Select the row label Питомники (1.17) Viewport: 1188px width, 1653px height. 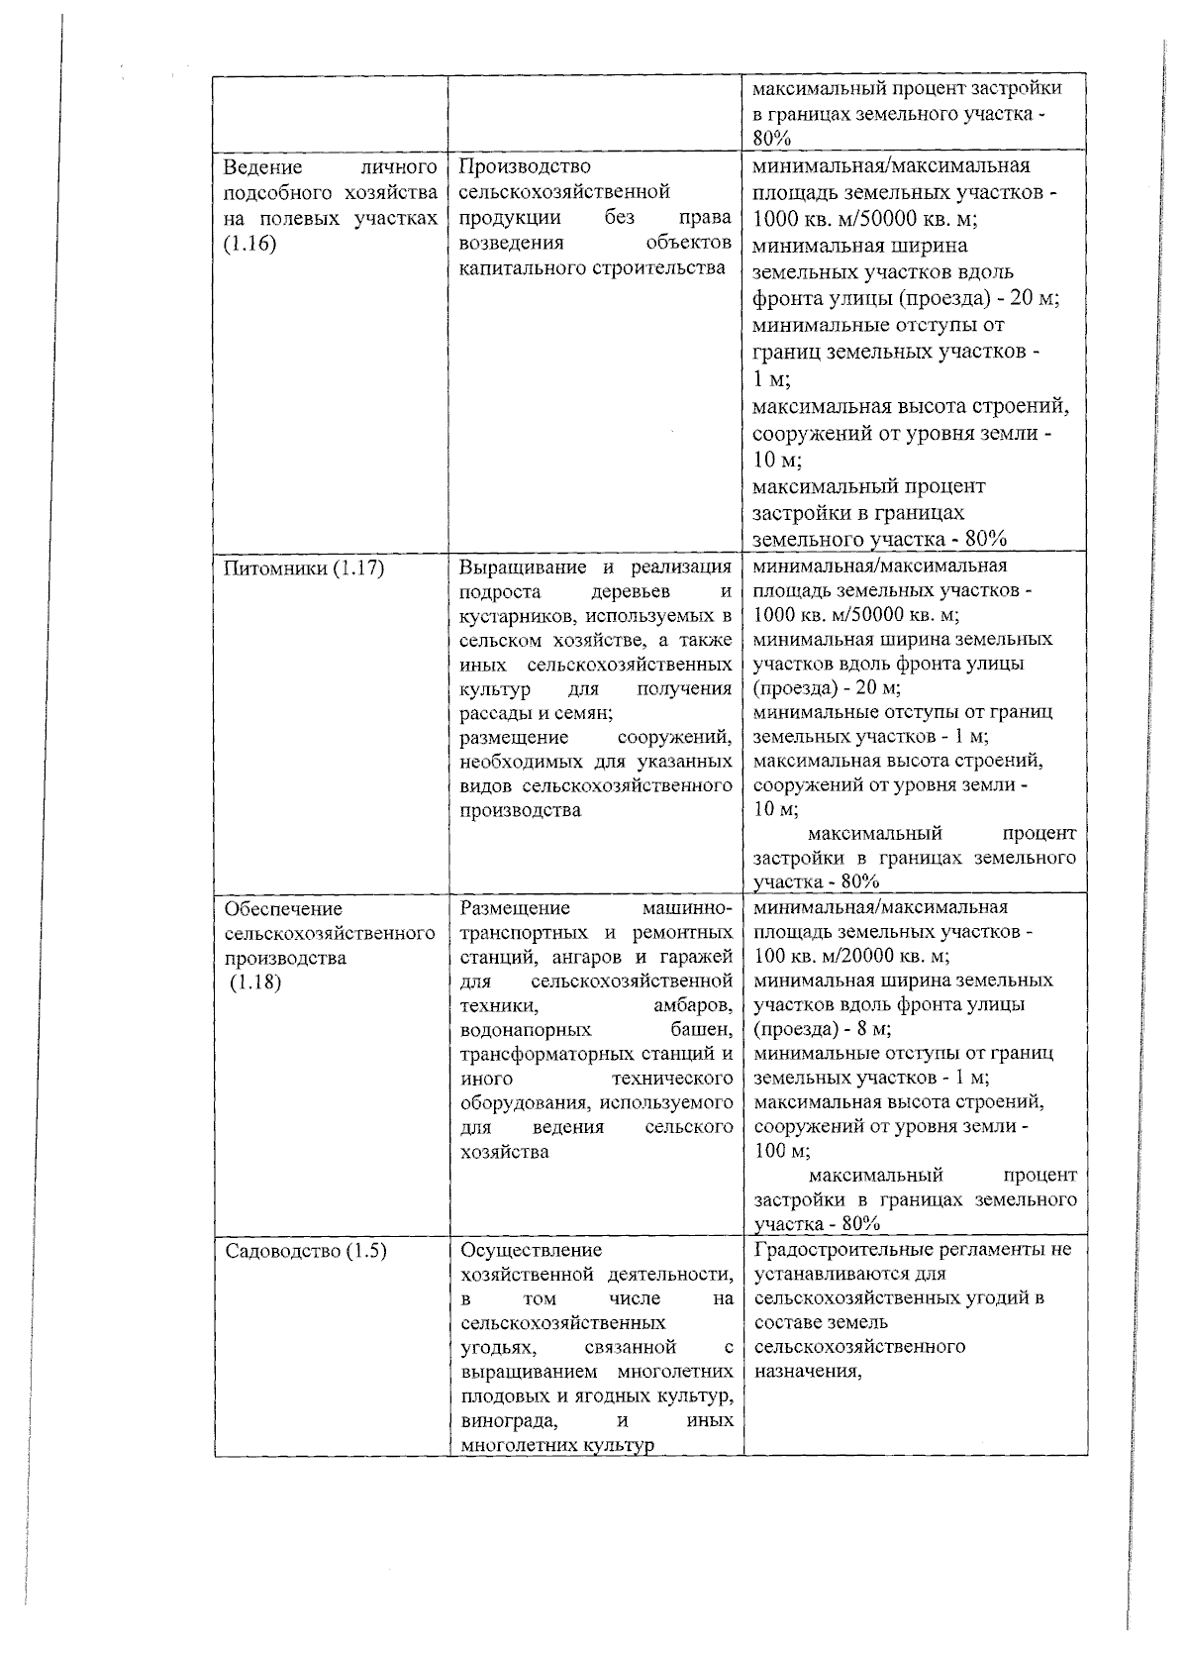pyautogui.click(x=304, y=568)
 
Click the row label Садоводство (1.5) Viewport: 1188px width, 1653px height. pyautogui.click(x=305, y=1250)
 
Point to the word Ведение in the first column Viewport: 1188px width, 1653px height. pyautogui.click(x=256, y=165)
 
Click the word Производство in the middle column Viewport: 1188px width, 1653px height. pyautogui.click(x=525, y=165)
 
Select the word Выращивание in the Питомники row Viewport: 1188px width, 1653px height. pyautogui.click(x=525, y=567)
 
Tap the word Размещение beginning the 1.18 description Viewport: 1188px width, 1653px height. pyautogui.click(x=515, y=908)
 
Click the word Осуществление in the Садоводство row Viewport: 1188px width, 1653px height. pyautogui.click(x=531, y=1250)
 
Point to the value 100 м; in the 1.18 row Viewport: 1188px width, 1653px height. pyautogui.click(x=781, y=1151)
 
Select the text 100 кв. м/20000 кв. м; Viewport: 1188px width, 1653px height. pyautogui.click(x=851, y=957)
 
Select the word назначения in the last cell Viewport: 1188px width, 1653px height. pyautogui.click(x=808, y=1372)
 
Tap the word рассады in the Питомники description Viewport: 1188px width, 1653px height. pyautogui.click(x=495, y=713)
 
